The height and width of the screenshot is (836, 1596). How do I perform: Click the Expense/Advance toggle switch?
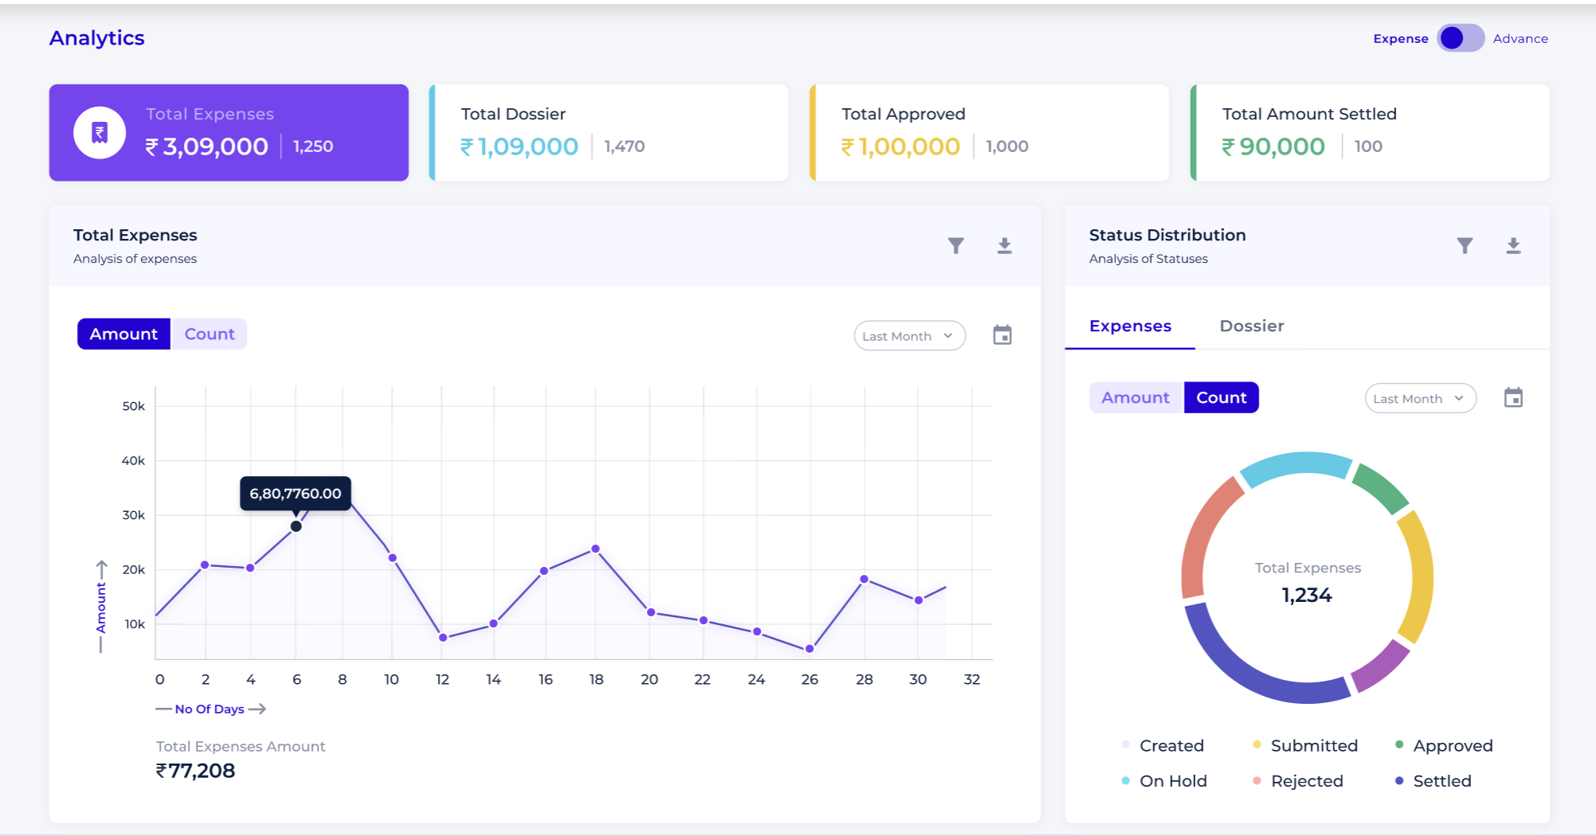(1460, 38)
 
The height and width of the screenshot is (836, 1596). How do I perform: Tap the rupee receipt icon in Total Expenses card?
(100, 133)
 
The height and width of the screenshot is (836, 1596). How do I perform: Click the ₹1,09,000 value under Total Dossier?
(519, 146)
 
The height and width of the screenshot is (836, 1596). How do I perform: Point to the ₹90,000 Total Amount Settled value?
(1273, 146)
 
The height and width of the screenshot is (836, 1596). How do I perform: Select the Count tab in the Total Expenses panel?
(209, 334)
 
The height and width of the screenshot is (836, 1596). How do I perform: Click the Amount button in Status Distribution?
(1136, 398)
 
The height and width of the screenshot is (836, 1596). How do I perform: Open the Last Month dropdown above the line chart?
(909, 336)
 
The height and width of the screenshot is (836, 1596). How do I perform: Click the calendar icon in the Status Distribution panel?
(1513, 397)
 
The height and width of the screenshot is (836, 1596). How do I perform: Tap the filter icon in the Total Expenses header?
(956, 245)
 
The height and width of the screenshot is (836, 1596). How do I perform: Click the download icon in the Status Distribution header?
(1513, 245)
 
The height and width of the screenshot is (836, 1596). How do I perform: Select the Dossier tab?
(1251, 326)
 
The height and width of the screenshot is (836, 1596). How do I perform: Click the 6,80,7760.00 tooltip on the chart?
(295, 494)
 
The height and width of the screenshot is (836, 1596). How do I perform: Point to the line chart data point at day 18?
(596, 549)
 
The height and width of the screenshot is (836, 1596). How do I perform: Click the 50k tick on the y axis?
(134, 406)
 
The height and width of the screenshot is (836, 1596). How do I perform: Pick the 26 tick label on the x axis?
(809, 680)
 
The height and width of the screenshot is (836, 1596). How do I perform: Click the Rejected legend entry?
(1306, 781)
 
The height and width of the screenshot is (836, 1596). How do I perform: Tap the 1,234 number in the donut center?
(1307, 596)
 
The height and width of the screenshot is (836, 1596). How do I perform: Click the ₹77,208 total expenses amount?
(196, 771)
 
